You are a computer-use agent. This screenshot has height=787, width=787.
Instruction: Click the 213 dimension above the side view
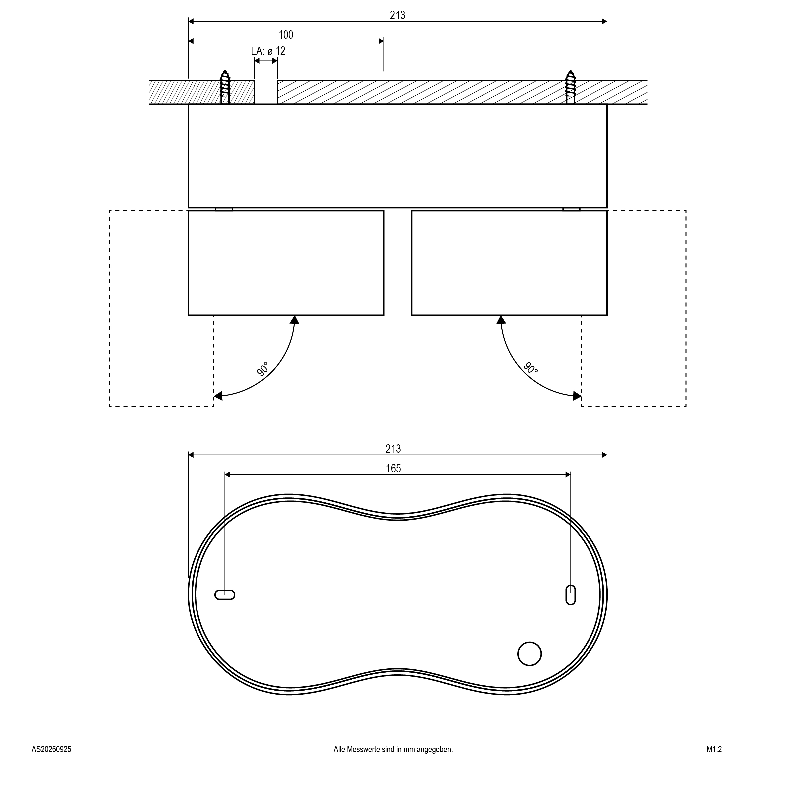(x=397, y=15)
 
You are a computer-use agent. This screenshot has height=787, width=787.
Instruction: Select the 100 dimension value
(x=286, y=35)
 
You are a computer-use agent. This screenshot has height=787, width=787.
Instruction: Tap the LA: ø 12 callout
(x=268, y=51)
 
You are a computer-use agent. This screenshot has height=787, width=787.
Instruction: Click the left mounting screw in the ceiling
(x=225, y=87)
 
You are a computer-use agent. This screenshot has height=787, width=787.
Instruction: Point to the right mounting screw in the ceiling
(x=570, y=87)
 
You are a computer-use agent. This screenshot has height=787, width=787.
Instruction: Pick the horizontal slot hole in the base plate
(x=225, y=595)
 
